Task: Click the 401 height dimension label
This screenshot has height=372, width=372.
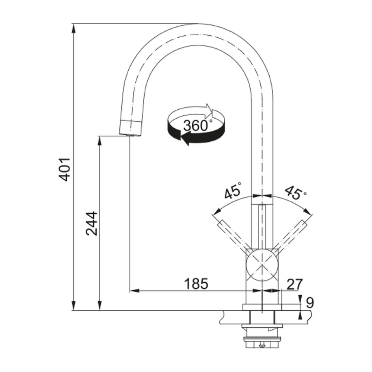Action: point(65,169)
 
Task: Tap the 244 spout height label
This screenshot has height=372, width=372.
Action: point(92,223)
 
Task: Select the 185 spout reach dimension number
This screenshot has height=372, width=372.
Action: point(196,283)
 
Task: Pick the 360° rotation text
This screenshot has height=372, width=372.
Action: point(196,125)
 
